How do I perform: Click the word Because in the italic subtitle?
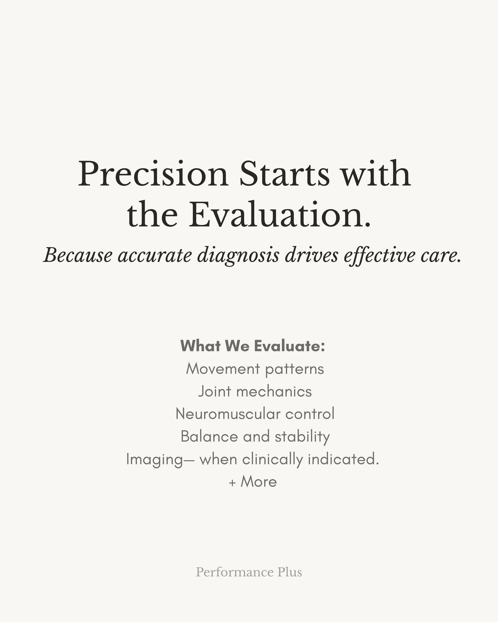[78, 255]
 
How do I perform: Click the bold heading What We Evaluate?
[253, 346]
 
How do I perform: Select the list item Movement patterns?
[255, 369]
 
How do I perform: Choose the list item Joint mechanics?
[255, 391]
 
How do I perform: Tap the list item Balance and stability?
[255, 437]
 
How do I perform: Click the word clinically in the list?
[272, 460]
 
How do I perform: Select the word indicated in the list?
[343, 459]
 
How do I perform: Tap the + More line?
[253, 482]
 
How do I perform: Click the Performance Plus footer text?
[249, 572]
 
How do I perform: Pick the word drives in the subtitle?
[311, 255]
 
